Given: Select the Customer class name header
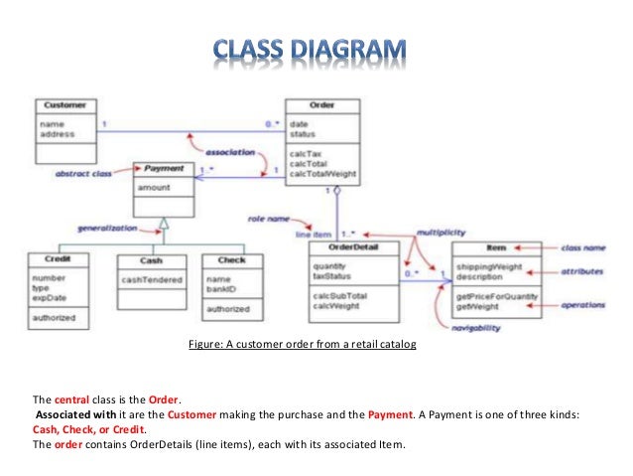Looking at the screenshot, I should (x=64, y=104).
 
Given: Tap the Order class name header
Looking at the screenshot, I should (x=322, y=104).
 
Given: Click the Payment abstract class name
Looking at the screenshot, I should (x=164, y=169).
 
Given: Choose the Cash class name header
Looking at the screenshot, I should (x=152, y=260).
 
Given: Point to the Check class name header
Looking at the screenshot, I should (x=231, y=260).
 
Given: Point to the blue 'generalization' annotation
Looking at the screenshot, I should (x=104, y=228).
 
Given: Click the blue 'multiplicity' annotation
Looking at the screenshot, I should (x=441, y=231).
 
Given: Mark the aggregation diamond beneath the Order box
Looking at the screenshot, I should (x=336, y=188).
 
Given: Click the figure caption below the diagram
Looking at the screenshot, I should (x=302, y=344).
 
